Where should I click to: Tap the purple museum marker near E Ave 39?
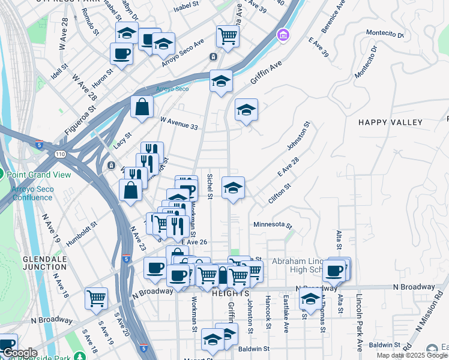coord(282,37)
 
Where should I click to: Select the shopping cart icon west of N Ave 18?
coord(96,298)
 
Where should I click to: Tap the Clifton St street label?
coord(280,193)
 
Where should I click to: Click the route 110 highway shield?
coord(62,154)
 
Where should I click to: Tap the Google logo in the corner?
coord(20,353)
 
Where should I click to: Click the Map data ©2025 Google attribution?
coord(412,355)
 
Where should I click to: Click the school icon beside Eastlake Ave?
coord(310,298)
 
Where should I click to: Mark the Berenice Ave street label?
coord(334,22)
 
